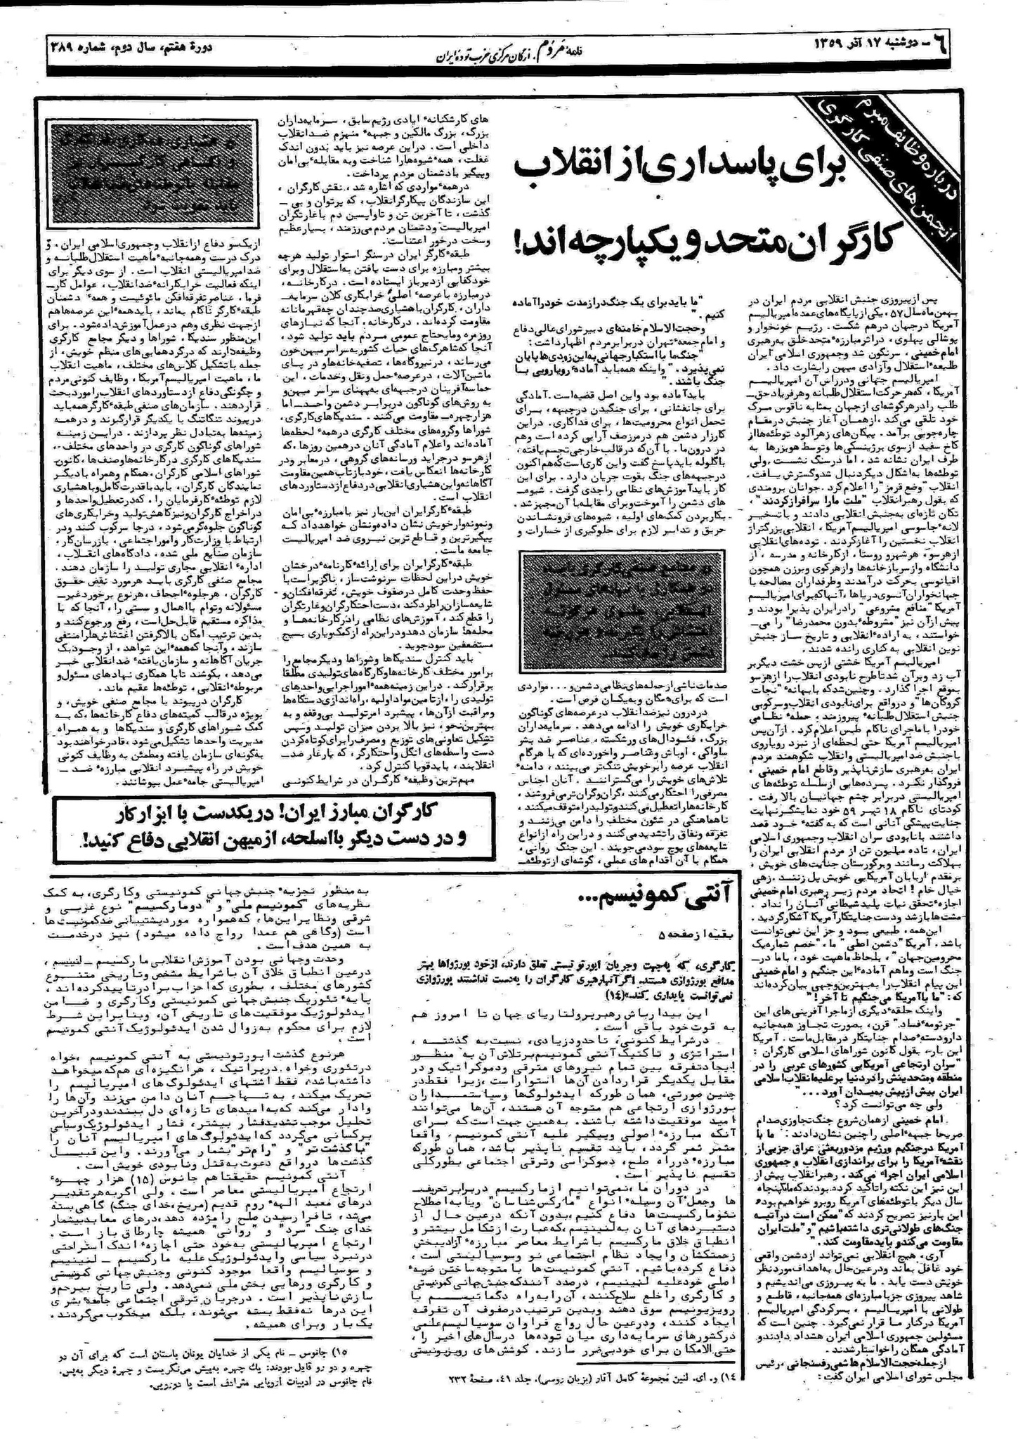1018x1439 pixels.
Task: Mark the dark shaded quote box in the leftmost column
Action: click(x=133, y=171)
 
